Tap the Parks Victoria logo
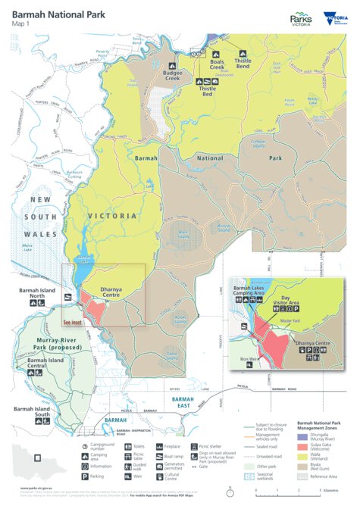click(x=302, y=19)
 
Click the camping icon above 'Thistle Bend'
click(x=243, y=55)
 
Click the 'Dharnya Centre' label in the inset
click(x=313, y=344)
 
